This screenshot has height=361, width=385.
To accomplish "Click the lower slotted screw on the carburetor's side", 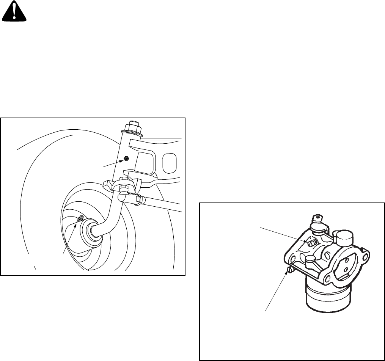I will tap(290, 270).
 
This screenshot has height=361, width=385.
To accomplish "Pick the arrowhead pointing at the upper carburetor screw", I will tap(306, 240).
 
